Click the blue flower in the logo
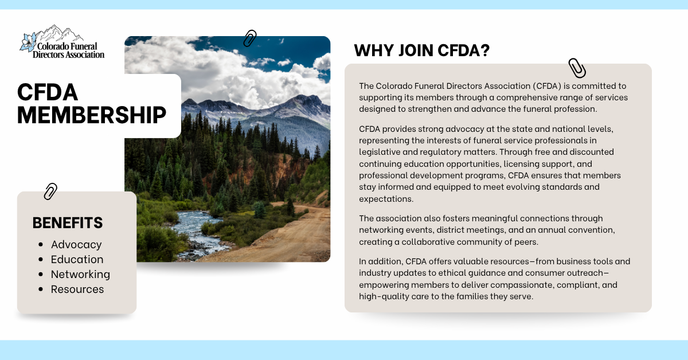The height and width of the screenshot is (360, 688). (x=28, y=42)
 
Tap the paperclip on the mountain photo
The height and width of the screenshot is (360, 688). (x=250, y=38)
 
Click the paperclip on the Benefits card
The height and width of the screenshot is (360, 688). (x=50, y=191)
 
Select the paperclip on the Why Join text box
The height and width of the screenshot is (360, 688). (x=577, y=68)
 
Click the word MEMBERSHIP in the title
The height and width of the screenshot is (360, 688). (x=92, y=115)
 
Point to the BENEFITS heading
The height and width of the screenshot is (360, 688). (x=68, y=222)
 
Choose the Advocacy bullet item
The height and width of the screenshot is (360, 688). (x=76, y=245)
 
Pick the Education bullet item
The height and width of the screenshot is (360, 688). (x=77, y=259)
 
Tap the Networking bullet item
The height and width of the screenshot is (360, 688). (x=80, y=275)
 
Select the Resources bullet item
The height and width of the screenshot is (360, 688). (x=77, y=289)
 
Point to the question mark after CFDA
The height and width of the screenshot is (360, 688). (x=485, y=50)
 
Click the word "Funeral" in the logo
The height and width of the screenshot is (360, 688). (x=83, y=46)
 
